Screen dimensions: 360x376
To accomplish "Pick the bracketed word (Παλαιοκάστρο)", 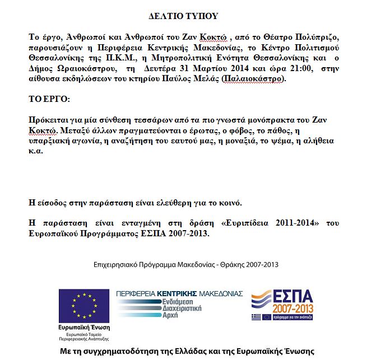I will [253, 79].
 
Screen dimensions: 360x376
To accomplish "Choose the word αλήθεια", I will [318, 142].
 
